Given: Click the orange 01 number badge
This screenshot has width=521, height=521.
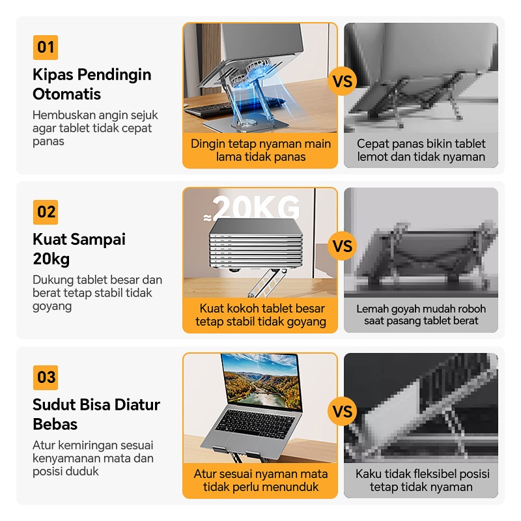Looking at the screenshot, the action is pos(46,48).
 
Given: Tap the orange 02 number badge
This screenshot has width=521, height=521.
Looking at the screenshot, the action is pos(46,212).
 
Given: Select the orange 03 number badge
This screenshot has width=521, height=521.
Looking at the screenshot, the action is pos(46,378).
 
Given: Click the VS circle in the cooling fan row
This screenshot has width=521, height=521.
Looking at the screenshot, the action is pos(343,81).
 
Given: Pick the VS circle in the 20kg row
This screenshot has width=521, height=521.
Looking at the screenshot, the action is pos(343,246).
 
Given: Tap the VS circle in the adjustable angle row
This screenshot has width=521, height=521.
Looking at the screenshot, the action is pos(343,412).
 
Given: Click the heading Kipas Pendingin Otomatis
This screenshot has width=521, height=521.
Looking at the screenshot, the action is pos(92,84).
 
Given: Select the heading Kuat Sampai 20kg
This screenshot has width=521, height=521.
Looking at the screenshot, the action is pos(79,249).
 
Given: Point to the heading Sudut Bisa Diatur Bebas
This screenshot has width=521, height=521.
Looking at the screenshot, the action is pos(96,414).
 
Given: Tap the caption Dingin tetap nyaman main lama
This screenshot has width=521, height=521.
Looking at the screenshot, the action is pos(260,150).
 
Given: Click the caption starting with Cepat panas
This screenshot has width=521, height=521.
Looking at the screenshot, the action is pos(421,150).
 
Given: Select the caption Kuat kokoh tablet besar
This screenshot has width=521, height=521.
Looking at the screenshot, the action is pos(260,315).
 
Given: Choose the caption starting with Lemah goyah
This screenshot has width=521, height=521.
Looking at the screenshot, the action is pos(421,315).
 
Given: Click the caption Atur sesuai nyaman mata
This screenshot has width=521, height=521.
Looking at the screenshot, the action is pos(260,480).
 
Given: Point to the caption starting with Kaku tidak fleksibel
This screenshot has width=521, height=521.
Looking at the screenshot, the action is pos(422,480).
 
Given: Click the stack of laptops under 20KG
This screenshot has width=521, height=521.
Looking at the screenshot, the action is pos(256,244).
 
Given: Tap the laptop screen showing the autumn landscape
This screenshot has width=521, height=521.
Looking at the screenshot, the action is pos(262,381).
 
